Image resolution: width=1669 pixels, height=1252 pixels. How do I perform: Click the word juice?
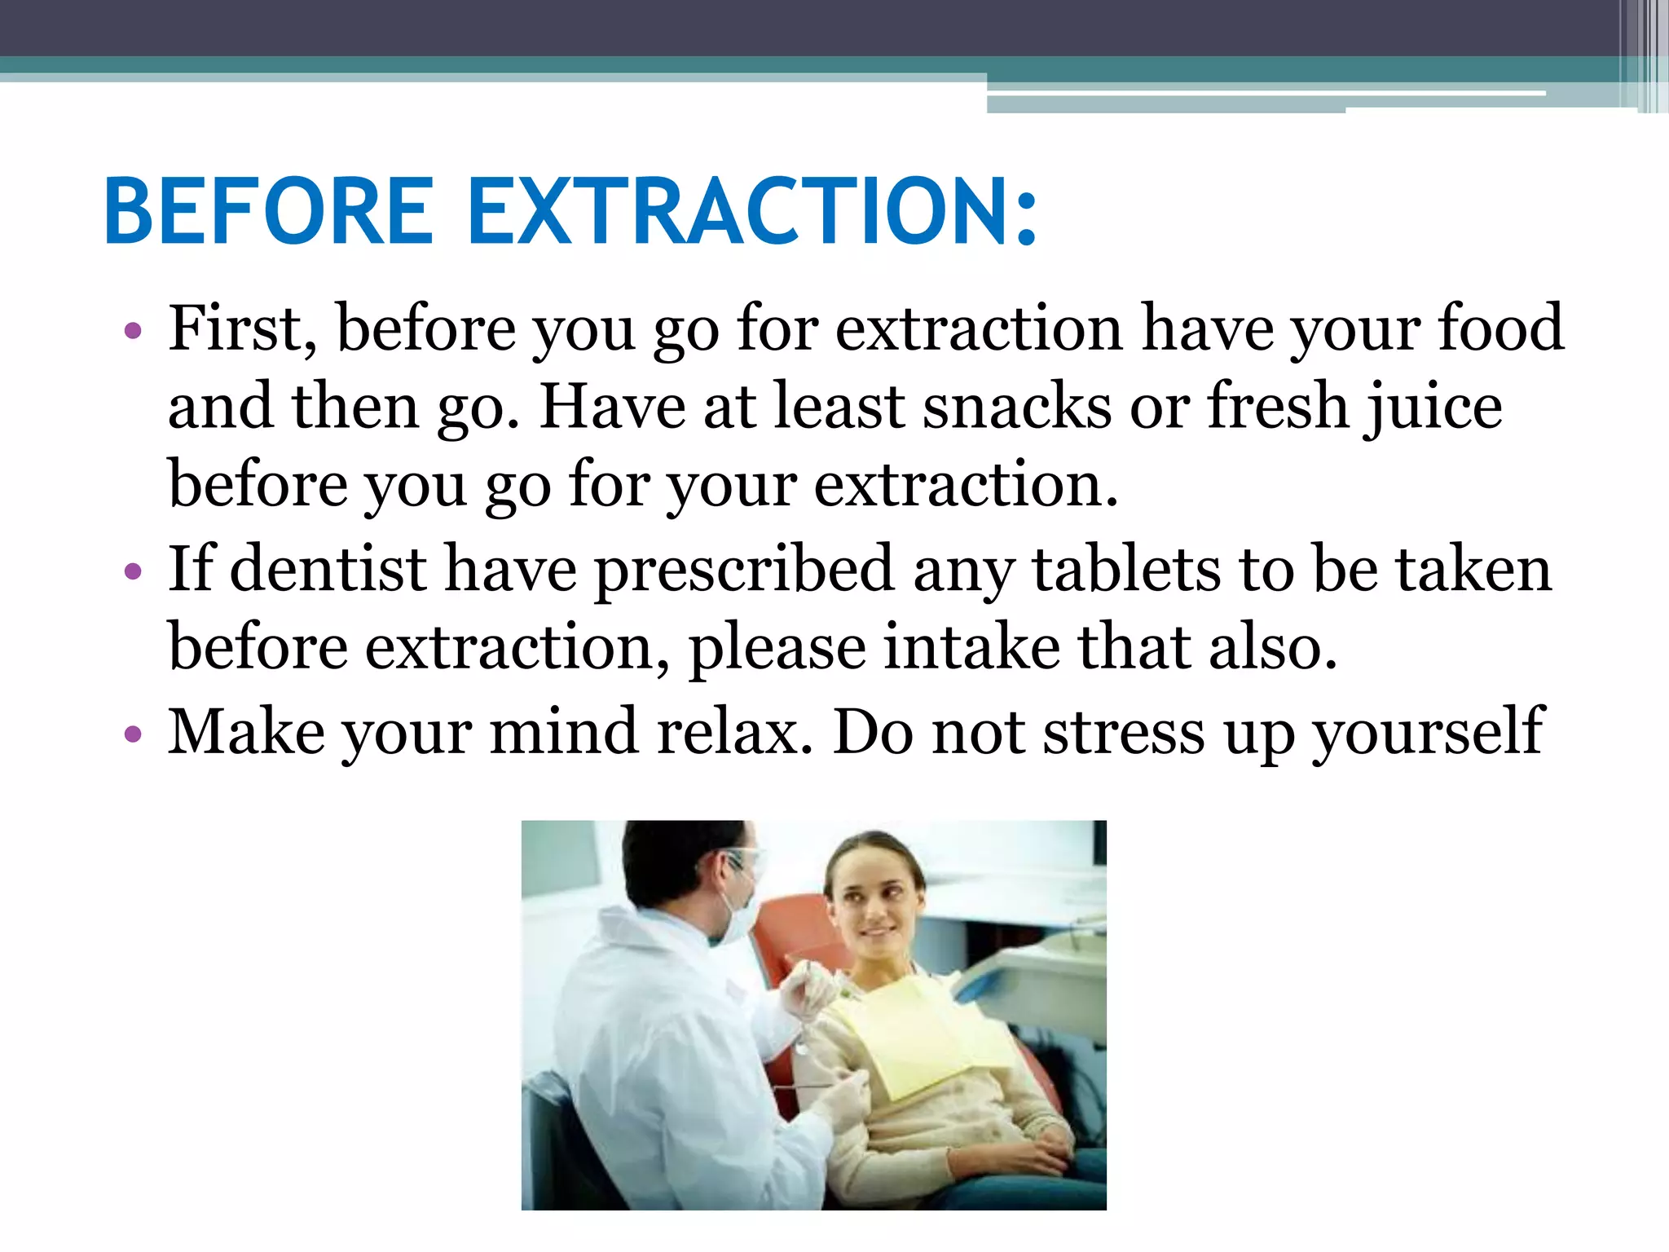tap(1434, 407)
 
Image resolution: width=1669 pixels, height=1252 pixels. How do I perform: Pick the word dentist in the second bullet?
tap(328, 568)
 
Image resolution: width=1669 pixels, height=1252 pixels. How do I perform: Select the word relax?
tap(734, 731)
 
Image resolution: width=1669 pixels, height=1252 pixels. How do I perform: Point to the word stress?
tap(1124, 733)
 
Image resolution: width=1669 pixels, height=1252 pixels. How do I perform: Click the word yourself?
tap(1427, 733)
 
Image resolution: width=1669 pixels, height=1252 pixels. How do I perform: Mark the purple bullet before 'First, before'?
tap(133, 332)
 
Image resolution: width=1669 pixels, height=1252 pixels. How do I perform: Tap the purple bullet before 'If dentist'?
tap(133, 571)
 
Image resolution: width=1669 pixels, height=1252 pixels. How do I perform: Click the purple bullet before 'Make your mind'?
tap(133, 734)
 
